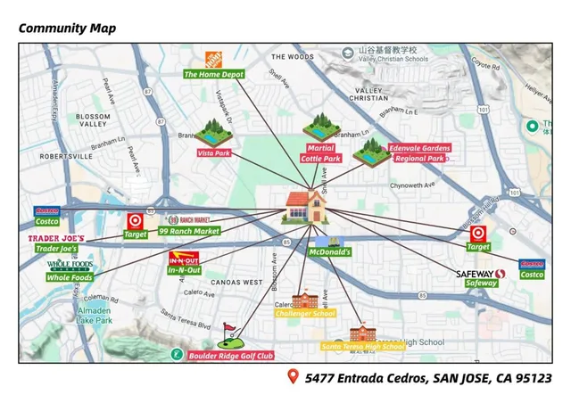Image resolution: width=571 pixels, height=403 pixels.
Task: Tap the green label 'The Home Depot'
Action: pyautogui.click(x=214, y=75)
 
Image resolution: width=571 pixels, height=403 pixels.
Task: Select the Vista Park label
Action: pyautogui.click(x=213, y=153)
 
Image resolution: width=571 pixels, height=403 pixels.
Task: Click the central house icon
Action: pyautogui.click(x=307, y=208)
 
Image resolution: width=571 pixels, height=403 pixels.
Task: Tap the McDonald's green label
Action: pyautogui.click(x=330, y=252)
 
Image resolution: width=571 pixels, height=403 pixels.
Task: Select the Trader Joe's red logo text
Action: pyautogui.click(x=56, y=238)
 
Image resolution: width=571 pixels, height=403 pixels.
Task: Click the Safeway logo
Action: pyautogui.click(x=480, y=274)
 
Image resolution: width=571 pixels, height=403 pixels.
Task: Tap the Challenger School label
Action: pyautogui.click(x=305, y=314)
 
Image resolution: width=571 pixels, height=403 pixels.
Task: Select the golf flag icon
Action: pyautogui.click(x=229, y=334)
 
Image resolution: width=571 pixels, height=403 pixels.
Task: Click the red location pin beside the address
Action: pyautogui.click(x=292, y=377)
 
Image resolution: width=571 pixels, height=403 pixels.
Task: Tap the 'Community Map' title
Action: pyautogui.click(x=67, y=29)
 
